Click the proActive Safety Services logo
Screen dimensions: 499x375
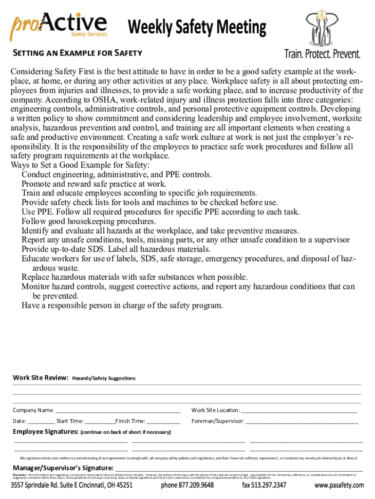(x=58, y=26)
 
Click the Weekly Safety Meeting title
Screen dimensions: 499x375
(x=197, y=28)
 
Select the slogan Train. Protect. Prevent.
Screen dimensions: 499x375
(x=322, y=54)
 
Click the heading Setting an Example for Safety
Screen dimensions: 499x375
(x=77, y=53)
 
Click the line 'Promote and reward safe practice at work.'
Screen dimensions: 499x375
(x=94, y=184)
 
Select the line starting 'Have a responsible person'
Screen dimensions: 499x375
(x=122, y=306)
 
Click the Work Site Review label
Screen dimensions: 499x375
(x=40, y=378)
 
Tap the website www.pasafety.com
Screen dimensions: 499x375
(x=339, y=485)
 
